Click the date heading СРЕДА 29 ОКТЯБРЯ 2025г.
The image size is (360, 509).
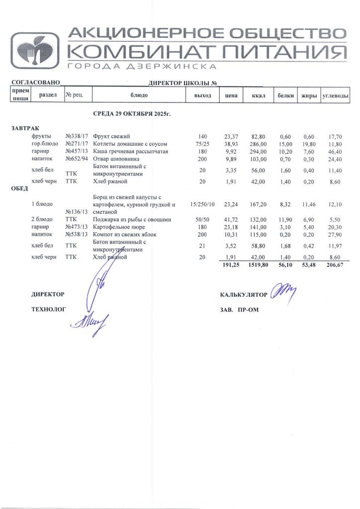[x=132, y=114]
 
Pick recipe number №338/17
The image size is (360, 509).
[x=77, y=136]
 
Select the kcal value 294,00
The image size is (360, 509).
[x=259, y=151]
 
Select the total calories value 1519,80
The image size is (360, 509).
[x=258, y=266]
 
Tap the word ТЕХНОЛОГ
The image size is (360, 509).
[x=48, y=309]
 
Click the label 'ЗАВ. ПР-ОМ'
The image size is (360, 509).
[x=239, y=309]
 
